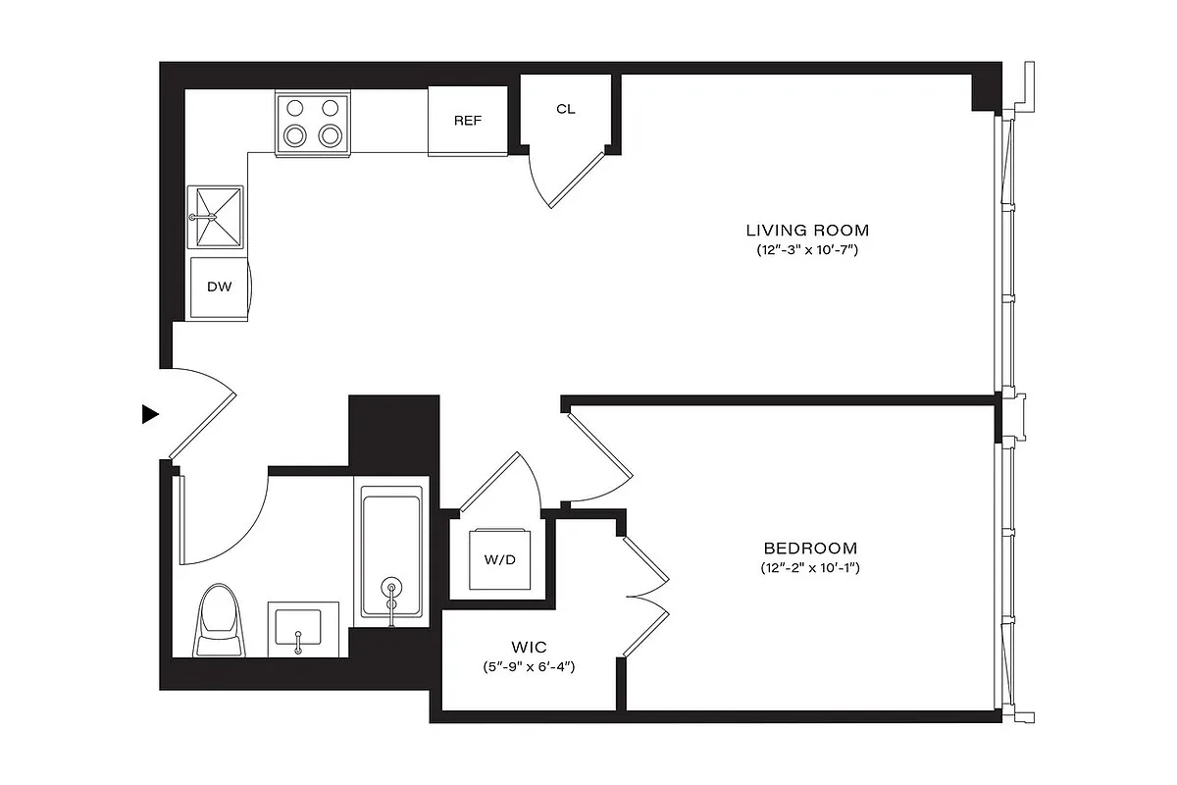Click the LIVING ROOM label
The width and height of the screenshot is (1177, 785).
(807, 231)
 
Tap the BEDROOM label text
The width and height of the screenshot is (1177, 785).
(810, 549)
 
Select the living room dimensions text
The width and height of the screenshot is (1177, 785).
(807, 250)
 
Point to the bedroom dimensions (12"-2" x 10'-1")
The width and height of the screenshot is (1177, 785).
(810, 568)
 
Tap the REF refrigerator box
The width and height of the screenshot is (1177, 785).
(468, 121)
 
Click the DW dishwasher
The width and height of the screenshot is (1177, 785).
(220, 288)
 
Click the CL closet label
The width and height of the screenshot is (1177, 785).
(566, 109)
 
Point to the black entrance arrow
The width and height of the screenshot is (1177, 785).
(150, 414)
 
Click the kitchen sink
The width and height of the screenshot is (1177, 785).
(216, 217)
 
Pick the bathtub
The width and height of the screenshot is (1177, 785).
(391, 555)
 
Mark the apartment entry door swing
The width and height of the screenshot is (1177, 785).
(205, 412)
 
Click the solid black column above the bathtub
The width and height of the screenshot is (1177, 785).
(393, 432)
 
